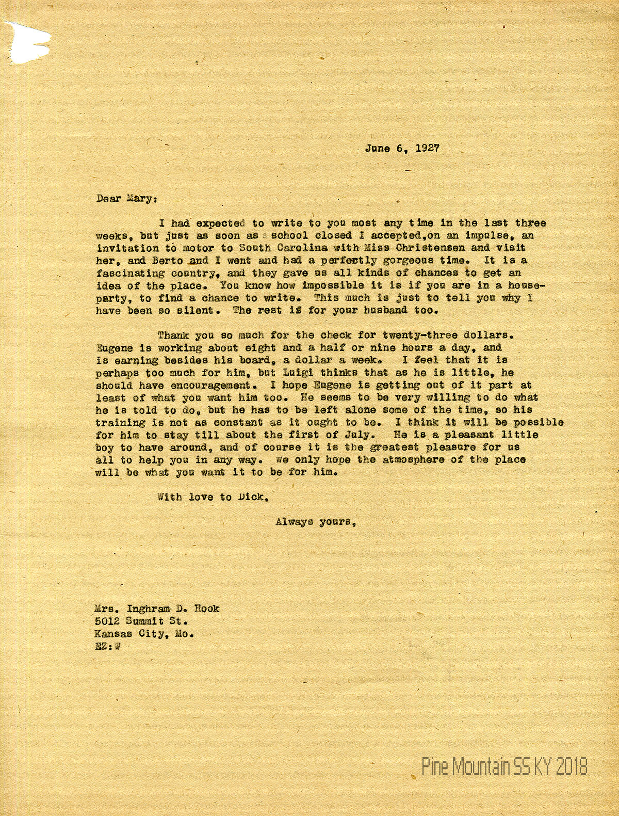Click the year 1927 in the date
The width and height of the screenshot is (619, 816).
(x=427, y=148)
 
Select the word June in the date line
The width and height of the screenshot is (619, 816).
(x=378, y=148)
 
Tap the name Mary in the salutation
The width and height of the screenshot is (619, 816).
(x=139, y=198)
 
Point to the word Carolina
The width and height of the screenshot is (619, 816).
(x=287, y=248)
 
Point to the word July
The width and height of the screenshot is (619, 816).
(x=369, y=435)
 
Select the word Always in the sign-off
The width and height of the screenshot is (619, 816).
(x=294, y=522)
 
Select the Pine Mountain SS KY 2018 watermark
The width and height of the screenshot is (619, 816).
(x=504, y=767)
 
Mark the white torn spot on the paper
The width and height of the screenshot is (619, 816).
(x=28, y=44)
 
